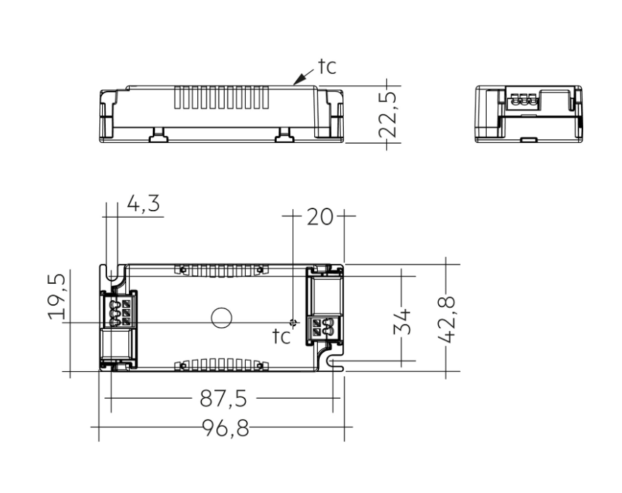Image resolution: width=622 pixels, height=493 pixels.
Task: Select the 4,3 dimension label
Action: pos(143,204)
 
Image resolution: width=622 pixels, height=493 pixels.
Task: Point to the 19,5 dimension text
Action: pos(59,296)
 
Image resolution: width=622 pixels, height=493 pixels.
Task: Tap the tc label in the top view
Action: pos(282,337)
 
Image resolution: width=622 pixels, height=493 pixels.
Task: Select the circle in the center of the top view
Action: pos(221,318)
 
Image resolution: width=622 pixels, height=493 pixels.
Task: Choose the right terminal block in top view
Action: pos(321,326)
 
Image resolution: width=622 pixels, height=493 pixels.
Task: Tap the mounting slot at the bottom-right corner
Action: pos(336,361)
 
